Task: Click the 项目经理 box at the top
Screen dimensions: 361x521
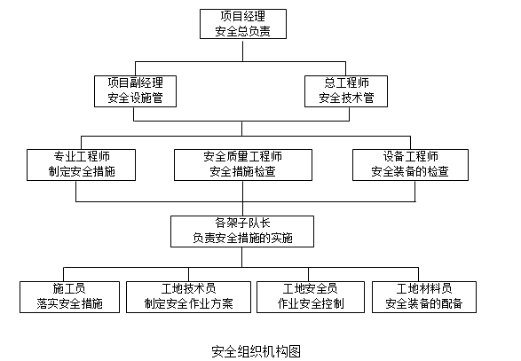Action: pyautogui.click(x=242, y=24)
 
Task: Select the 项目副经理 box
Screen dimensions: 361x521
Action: pyautogui.click(x=135, y=90)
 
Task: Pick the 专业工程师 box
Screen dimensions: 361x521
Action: pyautogui.click(x=82, y=164)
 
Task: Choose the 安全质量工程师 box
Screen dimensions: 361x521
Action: pyautogui.click(x=243, y=164)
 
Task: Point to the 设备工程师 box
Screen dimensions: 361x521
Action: pyautogui.click(x=409, y=164)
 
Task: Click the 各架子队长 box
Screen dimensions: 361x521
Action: pyautogui.click(x=242, y=230)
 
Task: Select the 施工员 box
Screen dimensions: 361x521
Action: pyautogui.click(x=69, y=296)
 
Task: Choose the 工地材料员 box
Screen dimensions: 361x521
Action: pyautogui.click(x=424, y=296)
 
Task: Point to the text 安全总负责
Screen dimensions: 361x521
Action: pyautogui.click(x=242, y=32)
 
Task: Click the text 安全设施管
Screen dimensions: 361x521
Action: pyautogui.click(x=135, y=98)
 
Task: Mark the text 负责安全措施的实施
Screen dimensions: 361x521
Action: pyautogui.click(x=242, y=238)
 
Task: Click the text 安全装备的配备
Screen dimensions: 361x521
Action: pyautogui.click(x=424, y=304)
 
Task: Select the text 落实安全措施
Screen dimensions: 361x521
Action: pyautogui.click(x=69, y=304)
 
